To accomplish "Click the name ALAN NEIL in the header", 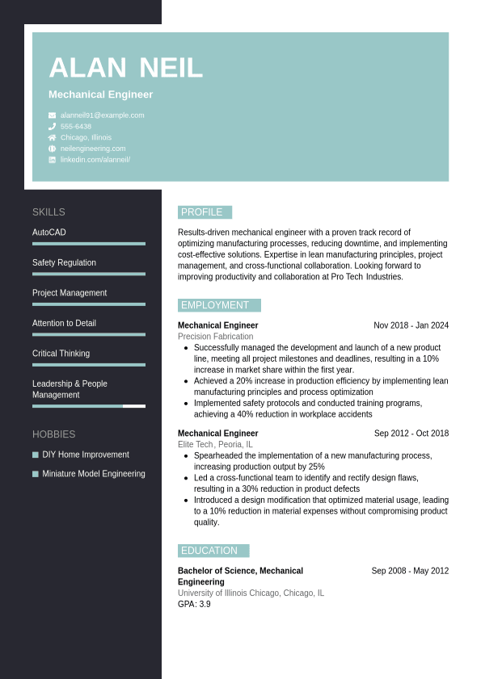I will click(x=125, y=68).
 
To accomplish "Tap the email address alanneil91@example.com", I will click(x=102, y=115).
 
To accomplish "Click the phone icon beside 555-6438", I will click(x=52, y=127).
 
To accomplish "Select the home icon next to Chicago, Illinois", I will click(x=52, y=137).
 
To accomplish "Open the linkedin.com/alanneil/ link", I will click(x=95, y=160).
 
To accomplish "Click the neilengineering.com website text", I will click(x=93, y=149).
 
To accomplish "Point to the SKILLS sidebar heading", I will click(x=49, y=212).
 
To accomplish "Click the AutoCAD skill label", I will click(x=49, y=233).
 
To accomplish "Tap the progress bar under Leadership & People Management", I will click(x=89, y=406).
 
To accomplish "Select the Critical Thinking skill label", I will click(x=61, y=354).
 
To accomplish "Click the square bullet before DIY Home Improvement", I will click(x=36, y=455).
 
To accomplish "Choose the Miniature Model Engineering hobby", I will click(x=94, y=474).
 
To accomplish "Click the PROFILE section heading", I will click(x=202, y=212).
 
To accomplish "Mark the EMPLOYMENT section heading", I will click(x=215, y=305).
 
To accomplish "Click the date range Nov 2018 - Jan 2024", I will click(x=411, y=325).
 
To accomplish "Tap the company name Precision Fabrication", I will click(x=215, y=337).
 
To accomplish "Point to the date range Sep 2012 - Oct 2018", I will click(x=411, y=434).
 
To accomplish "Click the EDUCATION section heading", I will click(x=209, y=551).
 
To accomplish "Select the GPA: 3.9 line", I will click(x=194, y=604).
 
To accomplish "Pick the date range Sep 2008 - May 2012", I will click(x=410, y=571).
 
